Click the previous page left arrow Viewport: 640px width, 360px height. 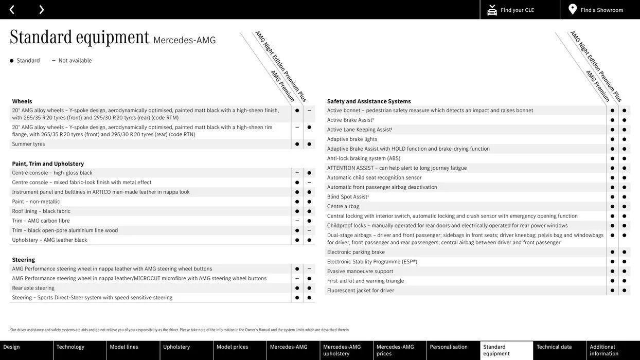(x=12, y=9)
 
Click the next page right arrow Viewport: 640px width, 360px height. (x=41, y=9)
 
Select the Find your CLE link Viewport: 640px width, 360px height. (x=517, y=10)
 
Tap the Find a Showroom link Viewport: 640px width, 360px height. (x=601, y=10)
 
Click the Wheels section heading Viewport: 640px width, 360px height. (x=22, y=101)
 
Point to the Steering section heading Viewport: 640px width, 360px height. (x=24, y=260)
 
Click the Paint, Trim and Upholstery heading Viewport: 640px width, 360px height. (x=48, y=164)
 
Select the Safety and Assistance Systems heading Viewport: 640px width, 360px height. (x=369, y=101)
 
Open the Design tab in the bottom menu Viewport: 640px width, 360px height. (x=12, y=347)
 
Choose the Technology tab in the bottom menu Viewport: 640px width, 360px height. (x=70, y=347)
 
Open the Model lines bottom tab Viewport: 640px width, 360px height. (x=124, y=347)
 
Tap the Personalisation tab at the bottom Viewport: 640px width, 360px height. (x=449, y=347)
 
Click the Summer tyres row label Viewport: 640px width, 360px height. (x=28, y=144)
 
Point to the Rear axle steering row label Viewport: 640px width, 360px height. (x=33, y=288)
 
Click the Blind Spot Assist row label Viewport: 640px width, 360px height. (x=348, y=196)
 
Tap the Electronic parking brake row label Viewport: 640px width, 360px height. (x=356, y=252)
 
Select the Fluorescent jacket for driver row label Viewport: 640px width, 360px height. (x=361, y=291)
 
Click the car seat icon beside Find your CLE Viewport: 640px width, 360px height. (x=492, y=10)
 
